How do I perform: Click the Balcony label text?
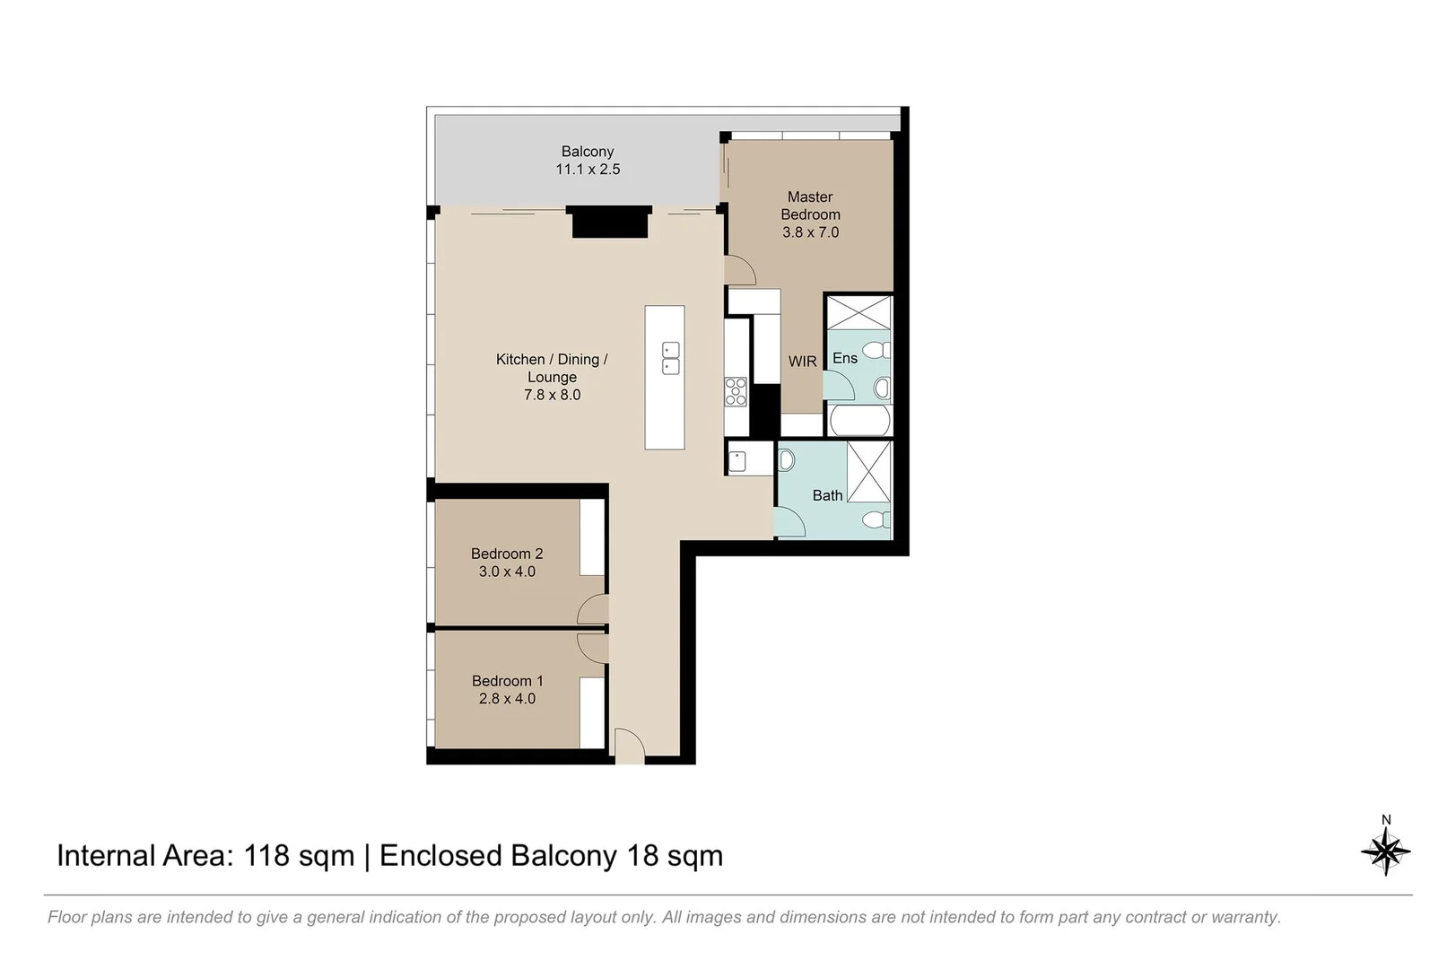point(588,152)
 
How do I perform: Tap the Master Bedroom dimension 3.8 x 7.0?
point(810,232)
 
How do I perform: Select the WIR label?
point(802,361)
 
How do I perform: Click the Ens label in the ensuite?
point(844,358)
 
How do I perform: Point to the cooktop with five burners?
point(736,392)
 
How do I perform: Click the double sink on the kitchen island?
point(670,358)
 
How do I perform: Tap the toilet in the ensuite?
point(876,350)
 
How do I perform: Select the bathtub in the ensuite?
point(859,421)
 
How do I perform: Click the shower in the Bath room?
point(868,471)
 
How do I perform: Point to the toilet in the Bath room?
point(876,519)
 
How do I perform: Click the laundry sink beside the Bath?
point(737,461)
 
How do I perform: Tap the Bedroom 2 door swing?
point(592,610)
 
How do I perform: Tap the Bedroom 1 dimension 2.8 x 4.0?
point(507,699)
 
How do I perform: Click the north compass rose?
point(1385,849)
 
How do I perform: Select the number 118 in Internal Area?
point(266,856)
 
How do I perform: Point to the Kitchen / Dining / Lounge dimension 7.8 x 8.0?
point(552,395)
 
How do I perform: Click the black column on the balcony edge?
point(610,222)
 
